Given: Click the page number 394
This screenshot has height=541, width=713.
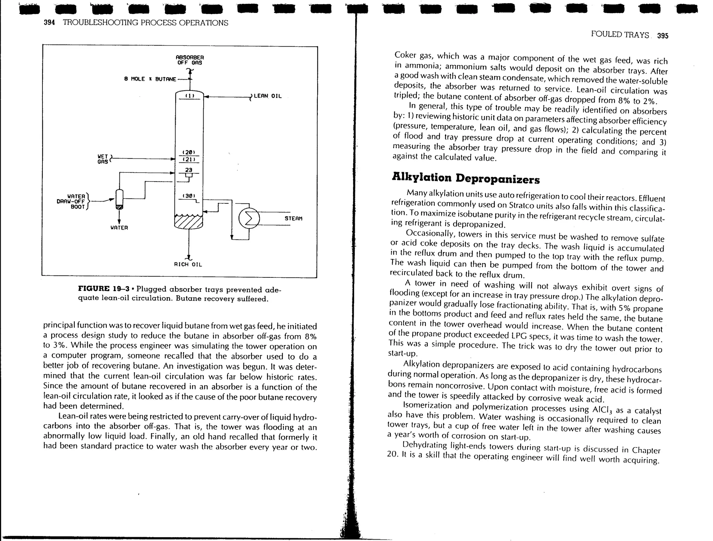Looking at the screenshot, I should (49, 23).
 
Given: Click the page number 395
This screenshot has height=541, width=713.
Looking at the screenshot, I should (663, 36).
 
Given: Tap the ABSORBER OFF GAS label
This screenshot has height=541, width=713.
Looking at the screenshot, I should (189, 60).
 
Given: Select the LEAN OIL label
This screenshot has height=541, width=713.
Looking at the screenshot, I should (267, 96).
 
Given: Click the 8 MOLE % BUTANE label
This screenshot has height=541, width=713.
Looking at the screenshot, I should (150, 79).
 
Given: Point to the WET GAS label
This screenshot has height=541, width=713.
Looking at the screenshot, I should (103, 159).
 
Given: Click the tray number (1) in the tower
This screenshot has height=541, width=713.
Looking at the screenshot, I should (189, 95).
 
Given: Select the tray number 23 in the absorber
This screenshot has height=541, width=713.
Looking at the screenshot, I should (188, 170).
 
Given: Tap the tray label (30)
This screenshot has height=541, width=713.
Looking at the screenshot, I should (189, 196).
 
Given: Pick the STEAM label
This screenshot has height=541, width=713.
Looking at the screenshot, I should (293, 219).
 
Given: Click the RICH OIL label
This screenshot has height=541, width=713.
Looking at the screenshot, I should (188, 265).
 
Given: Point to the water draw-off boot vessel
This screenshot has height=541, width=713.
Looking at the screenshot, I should (119, 199).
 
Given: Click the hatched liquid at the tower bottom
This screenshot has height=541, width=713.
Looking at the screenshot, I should (188, 223).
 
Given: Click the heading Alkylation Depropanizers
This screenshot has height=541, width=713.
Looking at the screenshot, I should (465, 178).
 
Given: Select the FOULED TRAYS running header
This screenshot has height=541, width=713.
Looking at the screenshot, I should (620, 35).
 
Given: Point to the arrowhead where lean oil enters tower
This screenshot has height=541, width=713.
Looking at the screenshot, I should (206, 97).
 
